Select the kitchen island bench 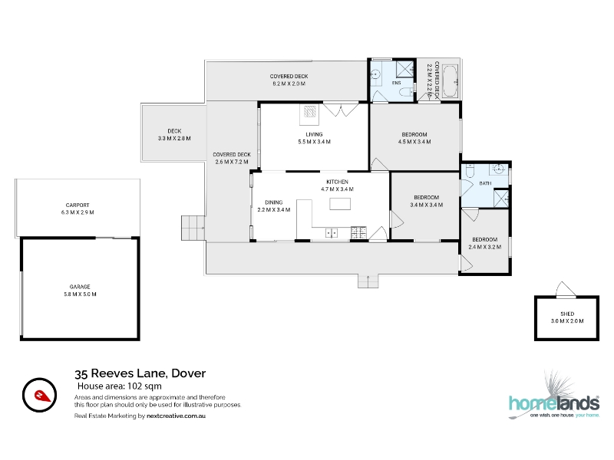340,204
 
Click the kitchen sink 332,233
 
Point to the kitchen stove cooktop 358,232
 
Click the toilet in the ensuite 405,93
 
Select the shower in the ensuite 405,69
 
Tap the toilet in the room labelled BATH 470,172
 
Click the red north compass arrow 42,396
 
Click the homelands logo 553,396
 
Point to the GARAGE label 80,287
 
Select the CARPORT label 78,205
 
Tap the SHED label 567,314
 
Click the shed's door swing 565,289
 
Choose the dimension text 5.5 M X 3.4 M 314,142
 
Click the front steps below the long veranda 368,281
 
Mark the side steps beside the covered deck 193,228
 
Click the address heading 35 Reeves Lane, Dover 140,373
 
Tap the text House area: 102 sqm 120,386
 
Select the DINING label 274,202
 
